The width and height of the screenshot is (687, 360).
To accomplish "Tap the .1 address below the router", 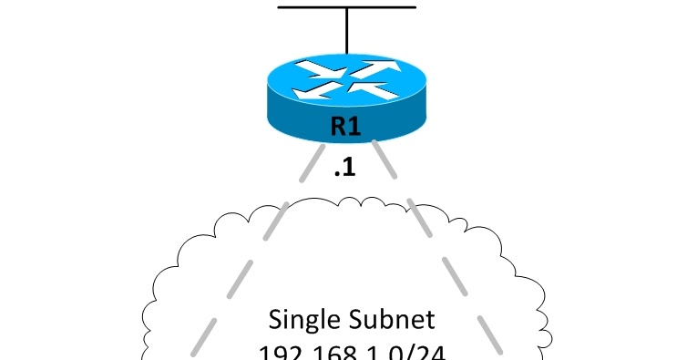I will [x=343, y=170].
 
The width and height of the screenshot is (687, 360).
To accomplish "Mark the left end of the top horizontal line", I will [x=280, y=7].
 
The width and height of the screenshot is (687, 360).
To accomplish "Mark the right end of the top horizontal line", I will [x=415, y=7].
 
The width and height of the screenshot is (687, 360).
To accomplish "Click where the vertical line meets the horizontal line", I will [x=346, y=7].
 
